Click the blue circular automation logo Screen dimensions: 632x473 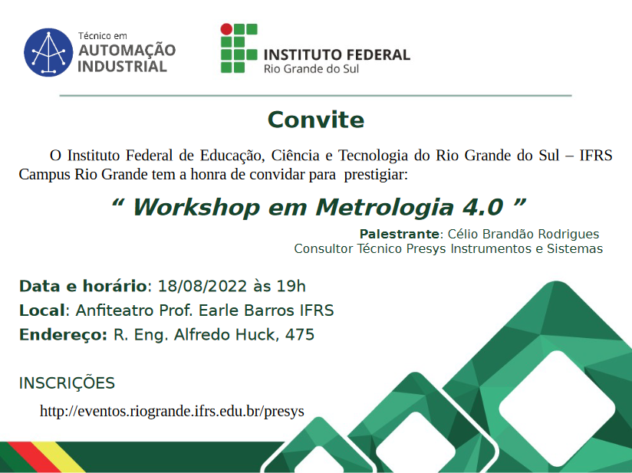[x=48, y=52]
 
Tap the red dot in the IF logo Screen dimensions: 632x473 [x=226, y=29]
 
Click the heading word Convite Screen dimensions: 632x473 [x=316, y=120]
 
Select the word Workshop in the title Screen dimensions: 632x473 [x=196, y=208]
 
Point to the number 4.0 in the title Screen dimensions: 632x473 [x=482, y=207]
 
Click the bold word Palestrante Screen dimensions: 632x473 [x=399, y=234]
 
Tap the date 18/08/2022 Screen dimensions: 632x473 [x=202, y=286]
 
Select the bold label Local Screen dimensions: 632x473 [x=42, y=310]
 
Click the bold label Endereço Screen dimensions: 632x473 [x=63, y=335]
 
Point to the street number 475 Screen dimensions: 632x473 [x=299, y=334]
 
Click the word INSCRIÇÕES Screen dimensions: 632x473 [x=67, y=383]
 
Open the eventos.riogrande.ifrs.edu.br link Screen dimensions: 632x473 [x=172, y=411]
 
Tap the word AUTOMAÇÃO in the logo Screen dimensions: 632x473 [x=127, y=50]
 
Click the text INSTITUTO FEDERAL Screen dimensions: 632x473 [x=337, y=54]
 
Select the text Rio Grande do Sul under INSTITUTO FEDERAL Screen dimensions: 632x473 [x=311, y=69]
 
